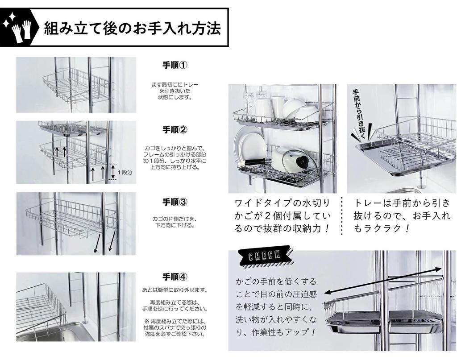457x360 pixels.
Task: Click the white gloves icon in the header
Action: [21, 31]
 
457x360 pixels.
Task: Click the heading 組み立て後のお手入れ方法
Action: [132, 28]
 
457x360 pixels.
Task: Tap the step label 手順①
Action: [174, 65]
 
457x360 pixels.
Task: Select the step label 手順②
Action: [174, 130]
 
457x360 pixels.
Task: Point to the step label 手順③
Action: [174, 202]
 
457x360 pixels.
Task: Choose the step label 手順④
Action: [174, 277]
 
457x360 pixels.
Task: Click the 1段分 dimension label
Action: [125, 172]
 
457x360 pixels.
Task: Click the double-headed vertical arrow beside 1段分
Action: [113, 172]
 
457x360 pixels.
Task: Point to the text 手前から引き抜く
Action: [359, 115]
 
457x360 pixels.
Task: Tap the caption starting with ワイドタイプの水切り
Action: [283, 216]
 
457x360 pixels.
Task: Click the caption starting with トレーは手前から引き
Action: [402, 216]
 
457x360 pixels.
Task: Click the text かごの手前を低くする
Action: [276, 281]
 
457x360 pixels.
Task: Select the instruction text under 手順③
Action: [174, 222]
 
